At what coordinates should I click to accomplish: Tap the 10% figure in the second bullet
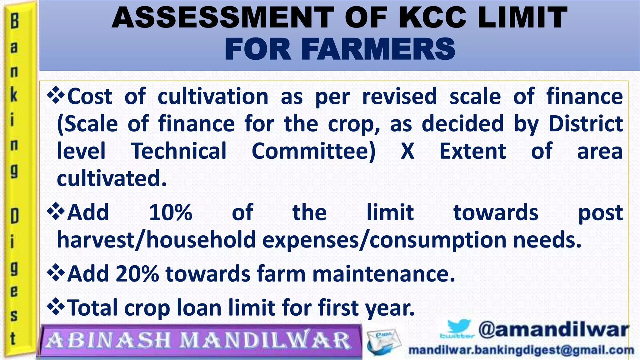point(171,212)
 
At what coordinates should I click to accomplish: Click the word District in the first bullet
point(586,124)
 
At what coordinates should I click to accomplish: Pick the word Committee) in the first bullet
point(313,151)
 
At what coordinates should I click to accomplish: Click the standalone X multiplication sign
point(407,151)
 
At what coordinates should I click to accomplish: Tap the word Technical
point(179,151)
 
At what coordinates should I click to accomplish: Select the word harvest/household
point(156,240)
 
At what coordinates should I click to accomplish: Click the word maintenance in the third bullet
point(383,274)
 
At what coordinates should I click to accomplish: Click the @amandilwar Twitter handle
point(553,330)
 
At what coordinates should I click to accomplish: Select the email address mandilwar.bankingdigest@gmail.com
point(521,350)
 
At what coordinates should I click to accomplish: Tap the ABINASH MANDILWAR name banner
point(199,340)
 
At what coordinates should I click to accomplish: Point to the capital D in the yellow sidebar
point(14,216)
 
